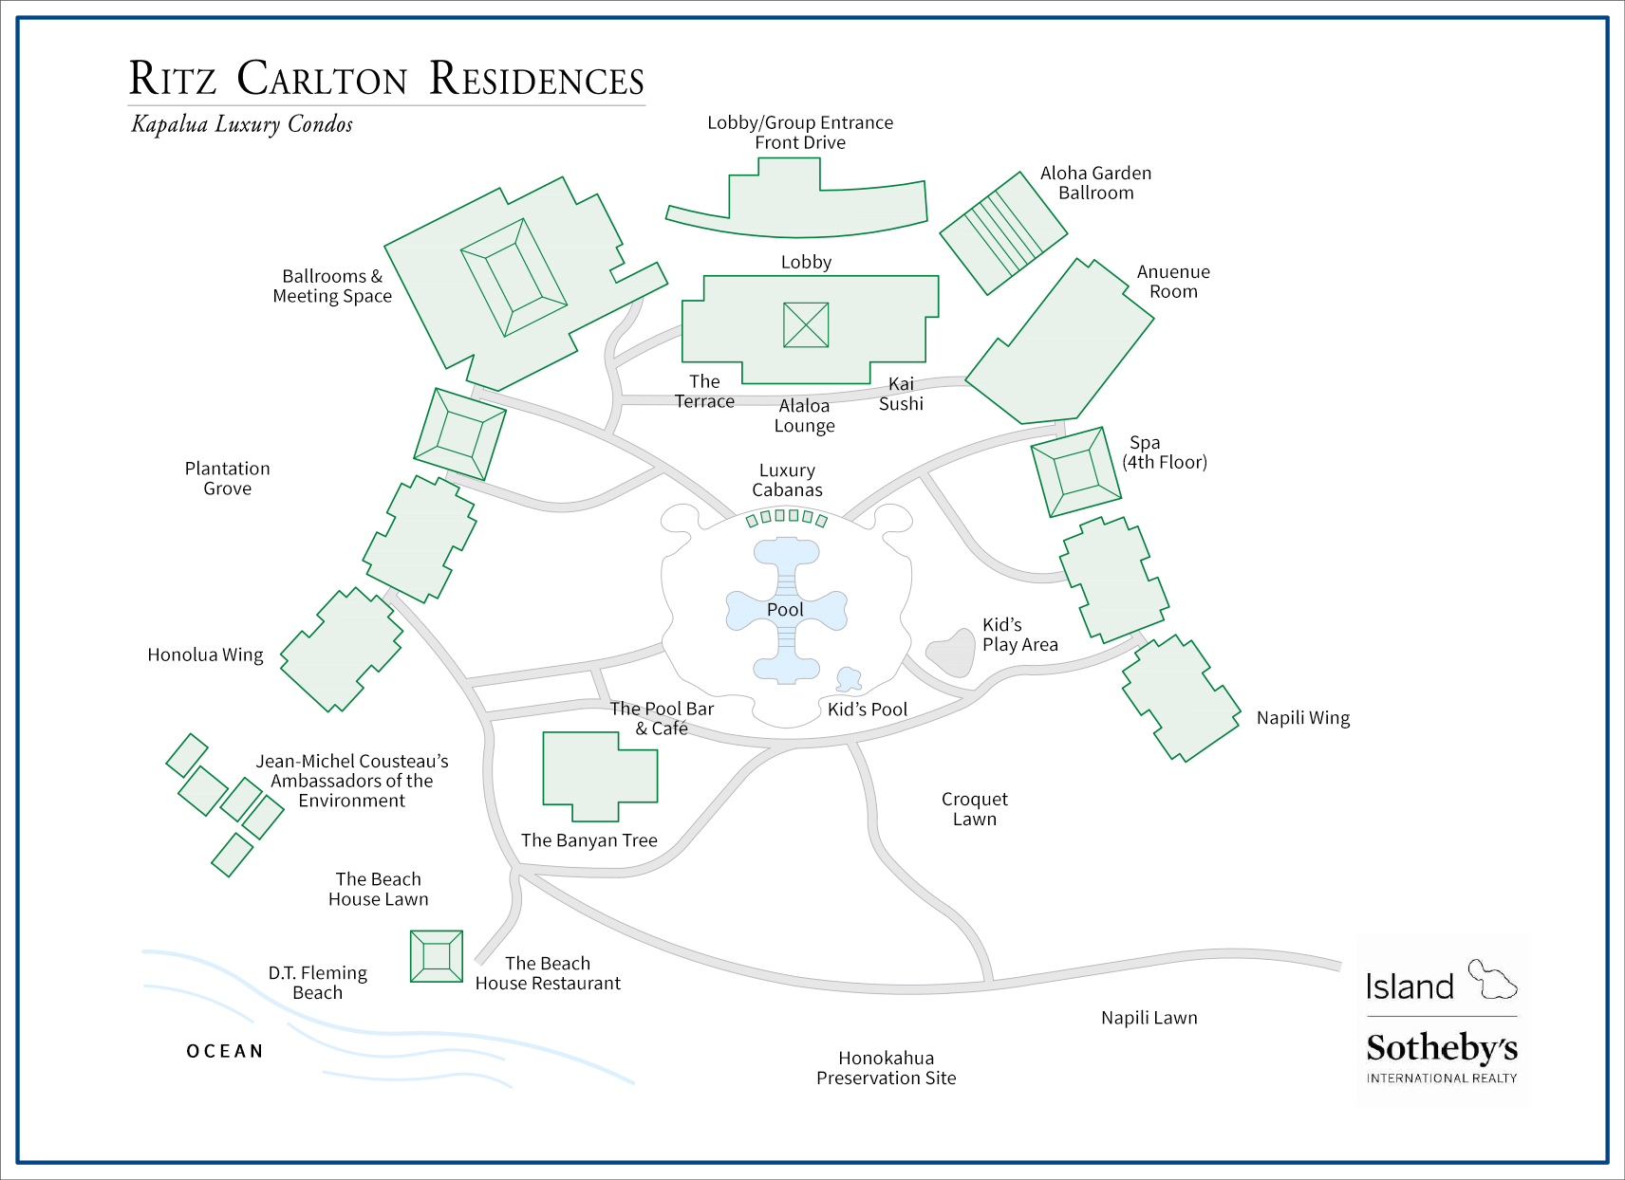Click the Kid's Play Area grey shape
click(x=952, y=653)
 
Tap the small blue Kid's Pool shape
click(x=848, y=679)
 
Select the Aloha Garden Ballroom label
click(x=1095, y=183)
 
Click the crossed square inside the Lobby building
click(x=806, y=324)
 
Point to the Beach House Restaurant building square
click(x=436, y=956)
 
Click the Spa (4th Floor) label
click(x=1164, y=452)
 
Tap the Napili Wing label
click(x=1302, y=718)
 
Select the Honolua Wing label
click(x=205, y=655)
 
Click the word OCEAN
click(x=225, y=1051)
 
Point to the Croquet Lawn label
click(x=975, y=809)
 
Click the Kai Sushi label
click(x=901, y=394)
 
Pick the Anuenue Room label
click(x=1173, y=282)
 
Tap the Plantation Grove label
click(x=228, y=478)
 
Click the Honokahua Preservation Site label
click(x=886, y=1068)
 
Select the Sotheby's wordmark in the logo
click(x=1441, y=1048)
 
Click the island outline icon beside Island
click(x=1492, y=980)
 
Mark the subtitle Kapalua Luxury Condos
click(x=242, y=124)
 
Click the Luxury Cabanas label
click(x=787, y=480)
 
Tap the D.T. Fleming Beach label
click(x=317, y=983)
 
